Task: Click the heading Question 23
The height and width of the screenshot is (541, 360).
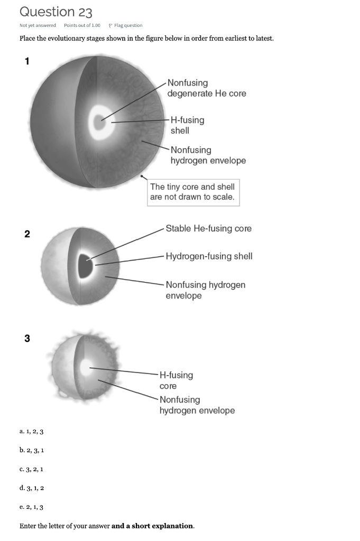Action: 56,12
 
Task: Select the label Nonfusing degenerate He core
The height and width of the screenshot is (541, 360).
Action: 206,88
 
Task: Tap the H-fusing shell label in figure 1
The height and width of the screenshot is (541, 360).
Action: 187,125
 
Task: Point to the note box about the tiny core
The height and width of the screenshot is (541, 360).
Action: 192,192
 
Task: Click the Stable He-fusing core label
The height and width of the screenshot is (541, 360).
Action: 208,229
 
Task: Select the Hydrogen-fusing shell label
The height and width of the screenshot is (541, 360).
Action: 209,256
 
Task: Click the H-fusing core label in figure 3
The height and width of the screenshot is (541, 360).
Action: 176,380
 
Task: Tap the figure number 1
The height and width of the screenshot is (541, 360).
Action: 27,61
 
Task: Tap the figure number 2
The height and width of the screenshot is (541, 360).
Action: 27,234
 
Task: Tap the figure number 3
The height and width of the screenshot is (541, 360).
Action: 27,339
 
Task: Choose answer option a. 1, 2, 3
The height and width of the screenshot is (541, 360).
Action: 31,432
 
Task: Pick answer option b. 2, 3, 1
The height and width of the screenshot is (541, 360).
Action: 31,450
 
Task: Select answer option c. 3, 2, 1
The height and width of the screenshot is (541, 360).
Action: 31,469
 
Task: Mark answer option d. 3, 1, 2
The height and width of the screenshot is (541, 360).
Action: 31,488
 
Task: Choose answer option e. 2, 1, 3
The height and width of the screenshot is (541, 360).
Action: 31,507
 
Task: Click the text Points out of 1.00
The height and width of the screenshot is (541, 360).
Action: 82,25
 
